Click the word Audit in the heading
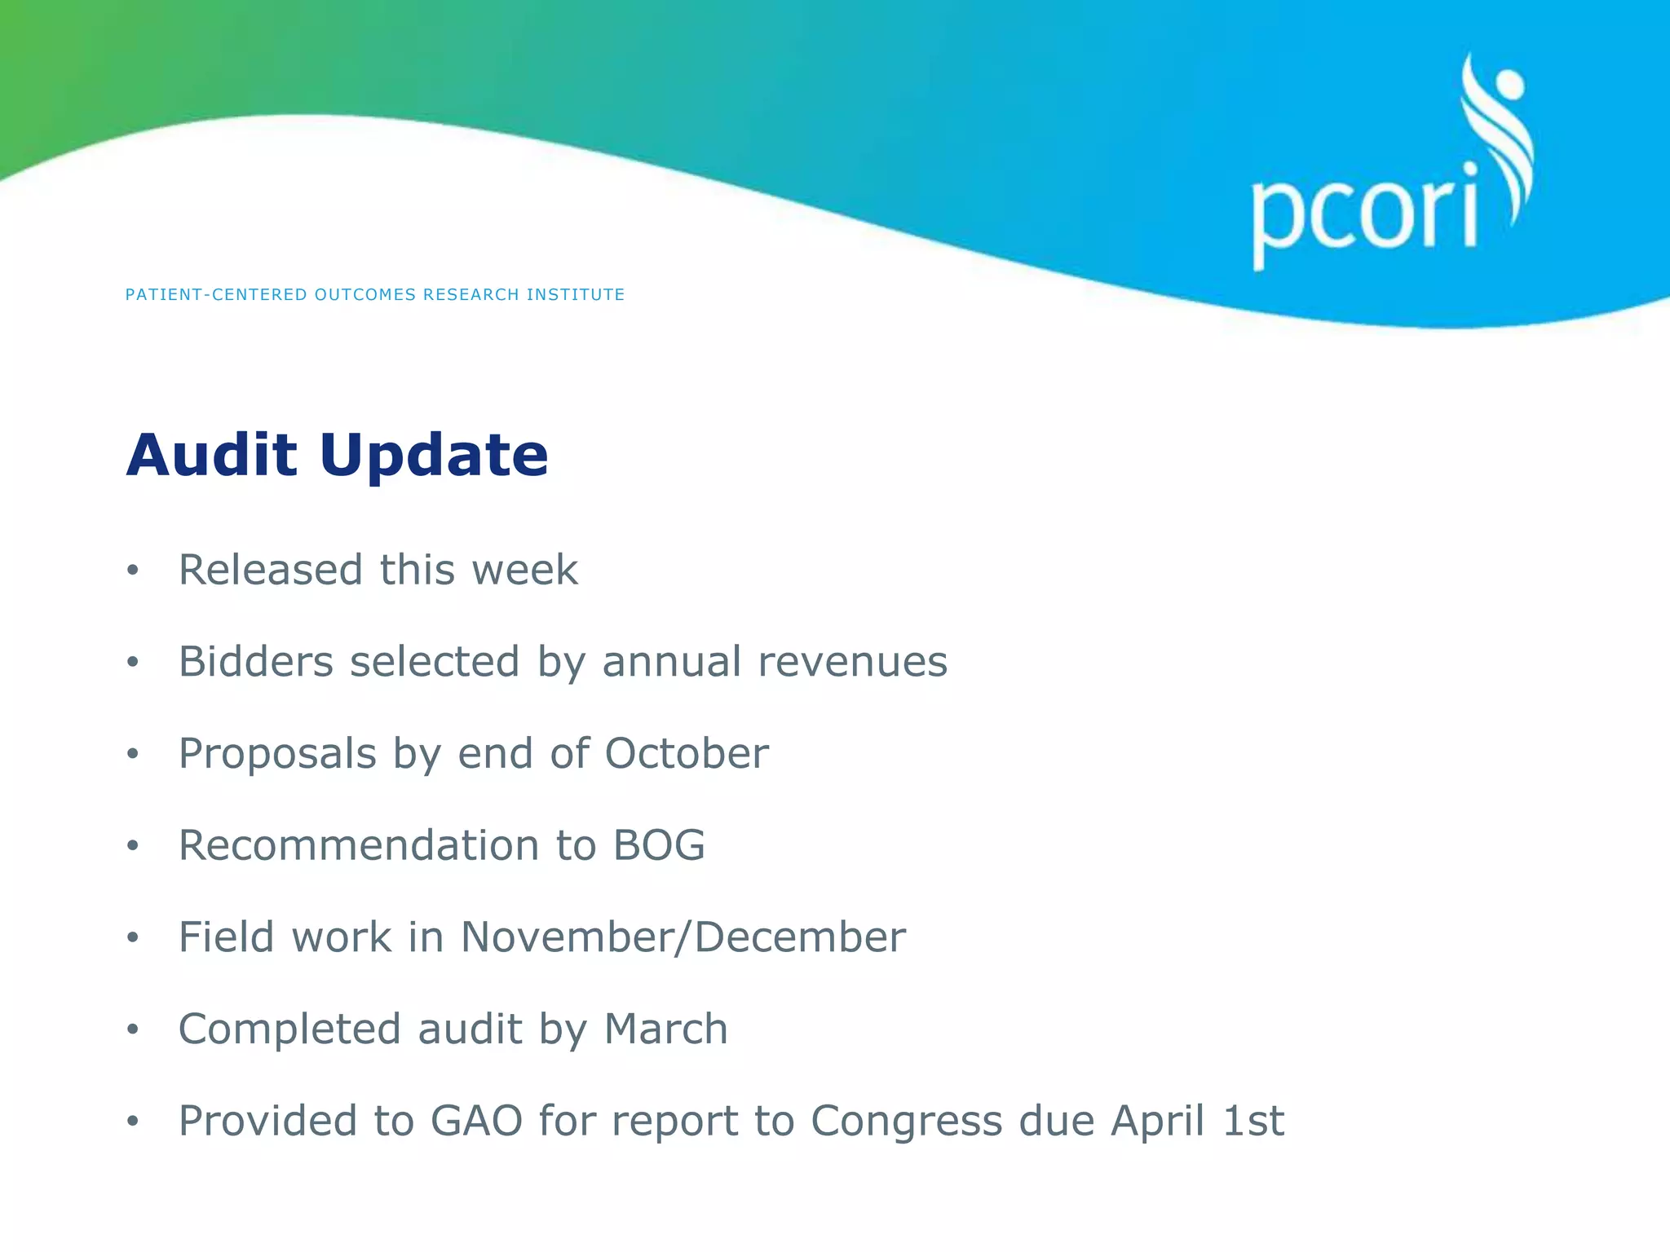click(211, 455)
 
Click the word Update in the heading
click(434, 456)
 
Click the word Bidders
click(256, 661)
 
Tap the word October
click(687, 753)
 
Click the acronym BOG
click(659, 845)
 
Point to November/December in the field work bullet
click(683, 937)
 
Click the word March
click(665, 1029)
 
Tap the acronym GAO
click(476, 1121)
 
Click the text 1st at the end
click(1253, 1121)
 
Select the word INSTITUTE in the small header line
click(576, 295)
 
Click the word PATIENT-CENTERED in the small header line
click(216, 295)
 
